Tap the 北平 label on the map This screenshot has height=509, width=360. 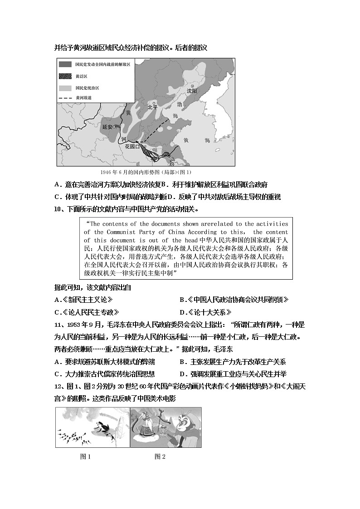[152, 107]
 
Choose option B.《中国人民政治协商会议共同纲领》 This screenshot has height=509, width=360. [234, 300]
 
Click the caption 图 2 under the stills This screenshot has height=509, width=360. [160, 456]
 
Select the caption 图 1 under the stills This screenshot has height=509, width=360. [85, 456]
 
